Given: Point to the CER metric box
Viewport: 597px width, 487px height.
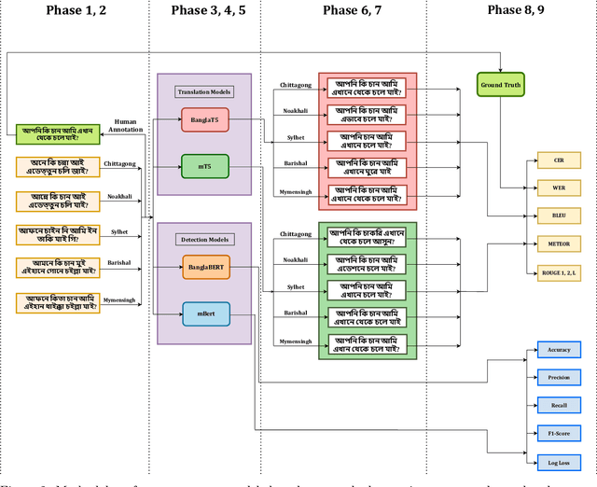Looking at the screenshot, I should (559, 160).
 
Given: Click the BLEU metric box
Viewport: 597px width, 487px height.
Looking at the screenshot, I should (559, 216).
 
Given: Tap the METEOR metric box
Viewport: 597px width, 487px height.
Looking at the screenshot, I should (559, 243).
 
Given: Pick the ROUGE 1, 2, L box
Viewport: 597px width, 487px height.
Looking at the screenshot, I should (559, 271).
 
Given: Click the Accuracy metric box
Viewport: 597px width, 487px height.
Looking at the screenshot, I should (559, 350).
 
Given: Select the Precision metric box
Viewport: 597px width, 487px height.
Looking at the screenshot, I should (559, 378).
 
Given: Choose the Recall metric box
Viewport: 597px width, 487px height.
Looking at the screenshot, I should (559, 406).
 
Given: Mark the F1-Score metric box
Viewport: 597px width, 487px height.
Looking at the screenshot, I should (559, 434).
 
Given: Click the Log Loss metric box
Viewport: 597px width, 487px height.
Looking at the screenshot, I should (559, 462).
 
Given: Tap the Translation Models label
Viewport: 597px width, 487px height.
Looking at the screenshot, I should (204, 91).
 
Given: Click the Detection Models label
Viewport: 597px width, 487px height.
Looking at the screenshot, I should (204, 240).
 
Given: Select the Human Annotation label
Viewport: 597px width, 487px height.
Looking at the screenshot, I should (124, 126).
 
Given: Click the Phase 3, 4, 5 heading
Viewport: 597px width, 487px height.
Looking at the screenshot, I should (208, 10).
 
